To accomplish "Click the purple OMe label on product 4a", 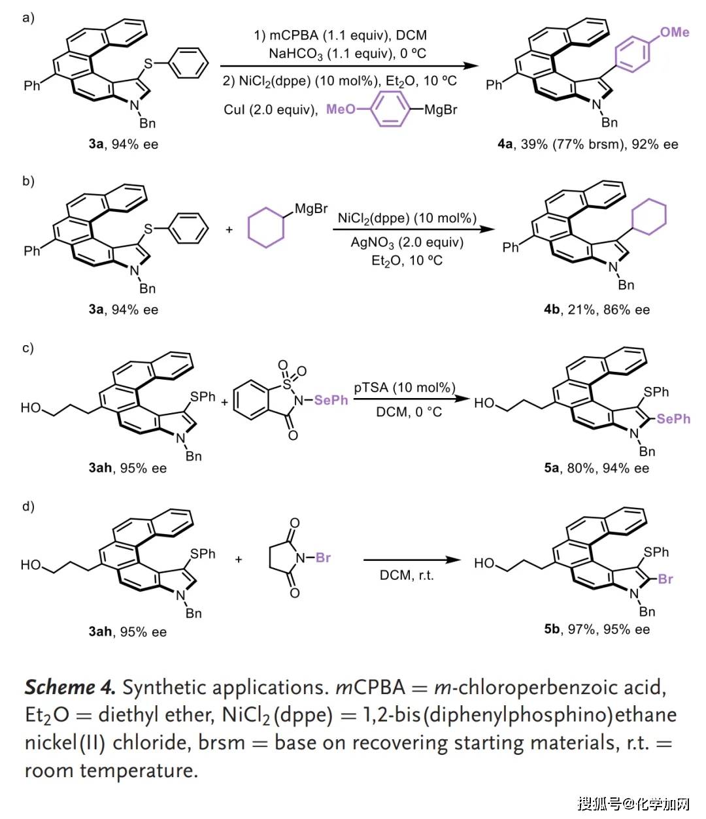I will click(675, 31).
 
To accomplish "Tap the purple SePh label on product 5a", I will click(673, 419).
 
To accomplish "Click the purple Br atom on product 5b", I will click(665, 579).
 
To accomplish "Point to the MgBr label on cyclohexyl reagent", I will click(311, 209).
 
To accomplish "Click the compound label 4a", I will click(505, 144).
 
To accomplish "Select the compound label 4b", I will click(552, 309).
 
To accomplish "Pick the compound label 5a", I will click(552, 468).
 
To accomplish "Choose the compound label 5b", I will click(552, 629).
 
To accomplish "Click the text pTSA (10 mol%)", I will click(405, 388).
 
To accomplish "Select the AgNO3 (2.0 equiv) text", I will click(407, 242).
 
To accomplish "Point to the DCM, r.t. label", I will click(407, 576).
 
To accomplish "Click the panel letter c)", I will click(27, 347).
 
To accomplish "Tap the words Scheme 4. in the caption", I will click(70, 687).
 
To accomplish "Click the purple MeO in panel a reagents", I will click(341, 109).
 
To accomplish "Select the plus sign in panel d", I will click(239, 560).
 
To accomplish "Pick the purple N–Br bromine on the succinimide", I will click(323, 558).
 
